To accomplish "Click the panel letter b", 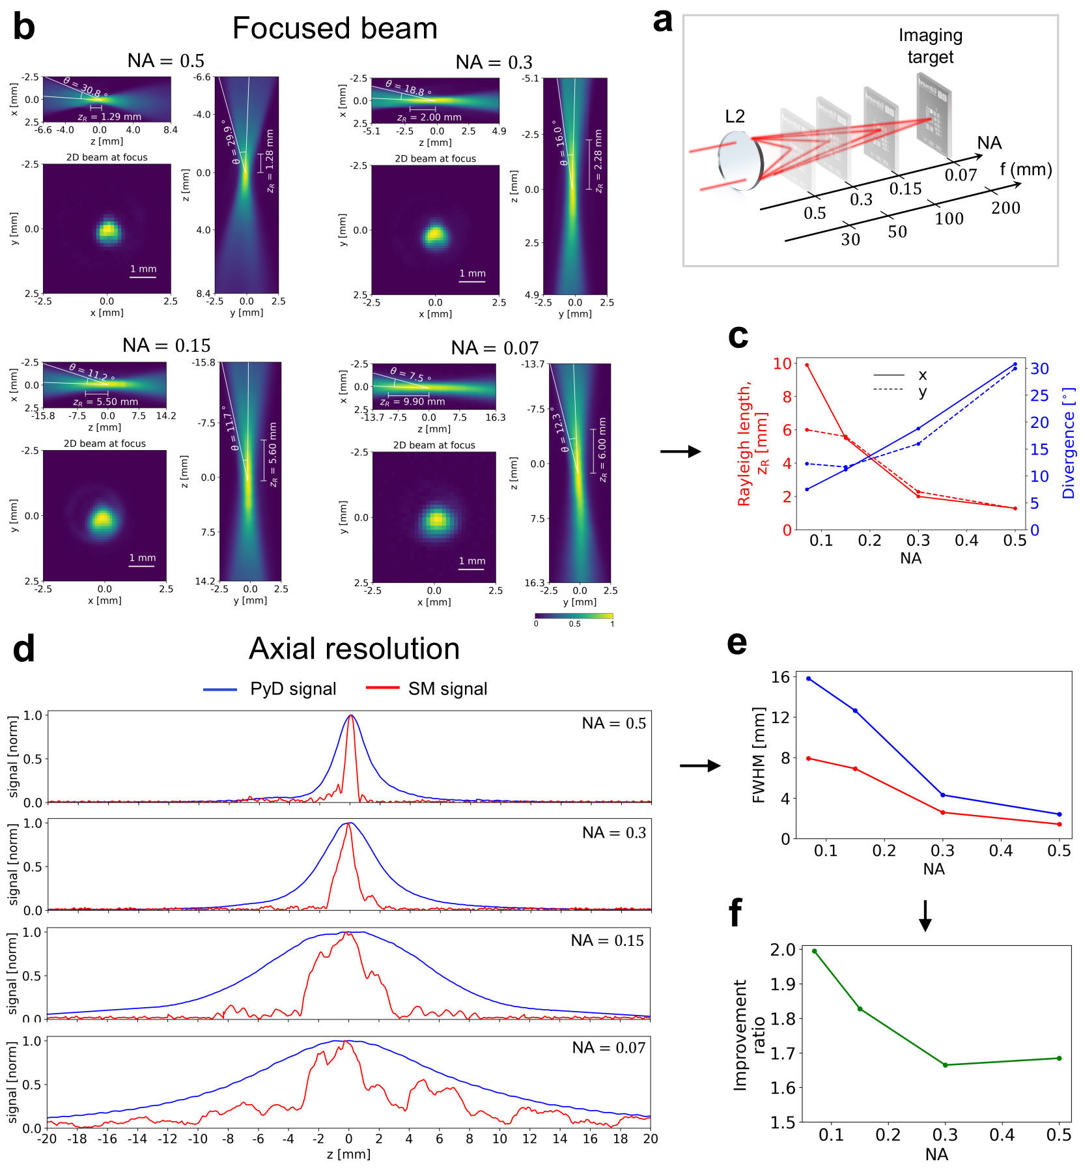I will click(24, 28).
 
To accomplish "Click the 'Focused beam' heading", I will click(335, 29).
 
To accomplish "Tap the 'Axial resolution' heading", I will click(354, 649).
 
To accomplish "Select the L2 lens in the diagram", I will click(740, 160).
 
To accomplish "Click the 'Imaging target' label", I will click(930, 46).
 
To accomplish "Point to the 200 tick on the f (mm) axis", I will click(1005, 208).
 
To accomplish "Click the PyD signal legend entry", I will click(270, 689).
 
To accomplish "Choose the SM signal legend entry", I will click(427, 689).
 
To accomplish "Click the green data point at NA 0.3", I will click(945, 1065).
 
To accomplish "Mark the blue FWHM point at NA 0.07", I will click(809, 679).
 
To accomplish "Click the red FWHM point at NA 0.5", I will click(1060, 824).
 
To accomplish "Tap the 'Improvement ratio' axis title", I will click(749, 1035).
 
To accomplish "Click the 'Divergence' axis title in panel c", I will click(1069, 444).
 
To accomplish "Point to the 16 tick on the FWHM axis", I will click(780, 677).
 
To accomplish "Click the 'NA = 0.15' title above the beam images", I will click(167, 345).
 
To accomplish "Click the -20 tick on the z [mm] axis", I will click(47, 1139).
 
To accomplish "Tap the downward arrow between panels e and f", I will click(925, 915).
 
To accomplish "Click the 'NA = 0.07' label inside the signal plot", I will click(608, 1047).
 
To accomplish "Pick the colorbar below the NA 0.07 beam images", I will click(574, 616).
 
